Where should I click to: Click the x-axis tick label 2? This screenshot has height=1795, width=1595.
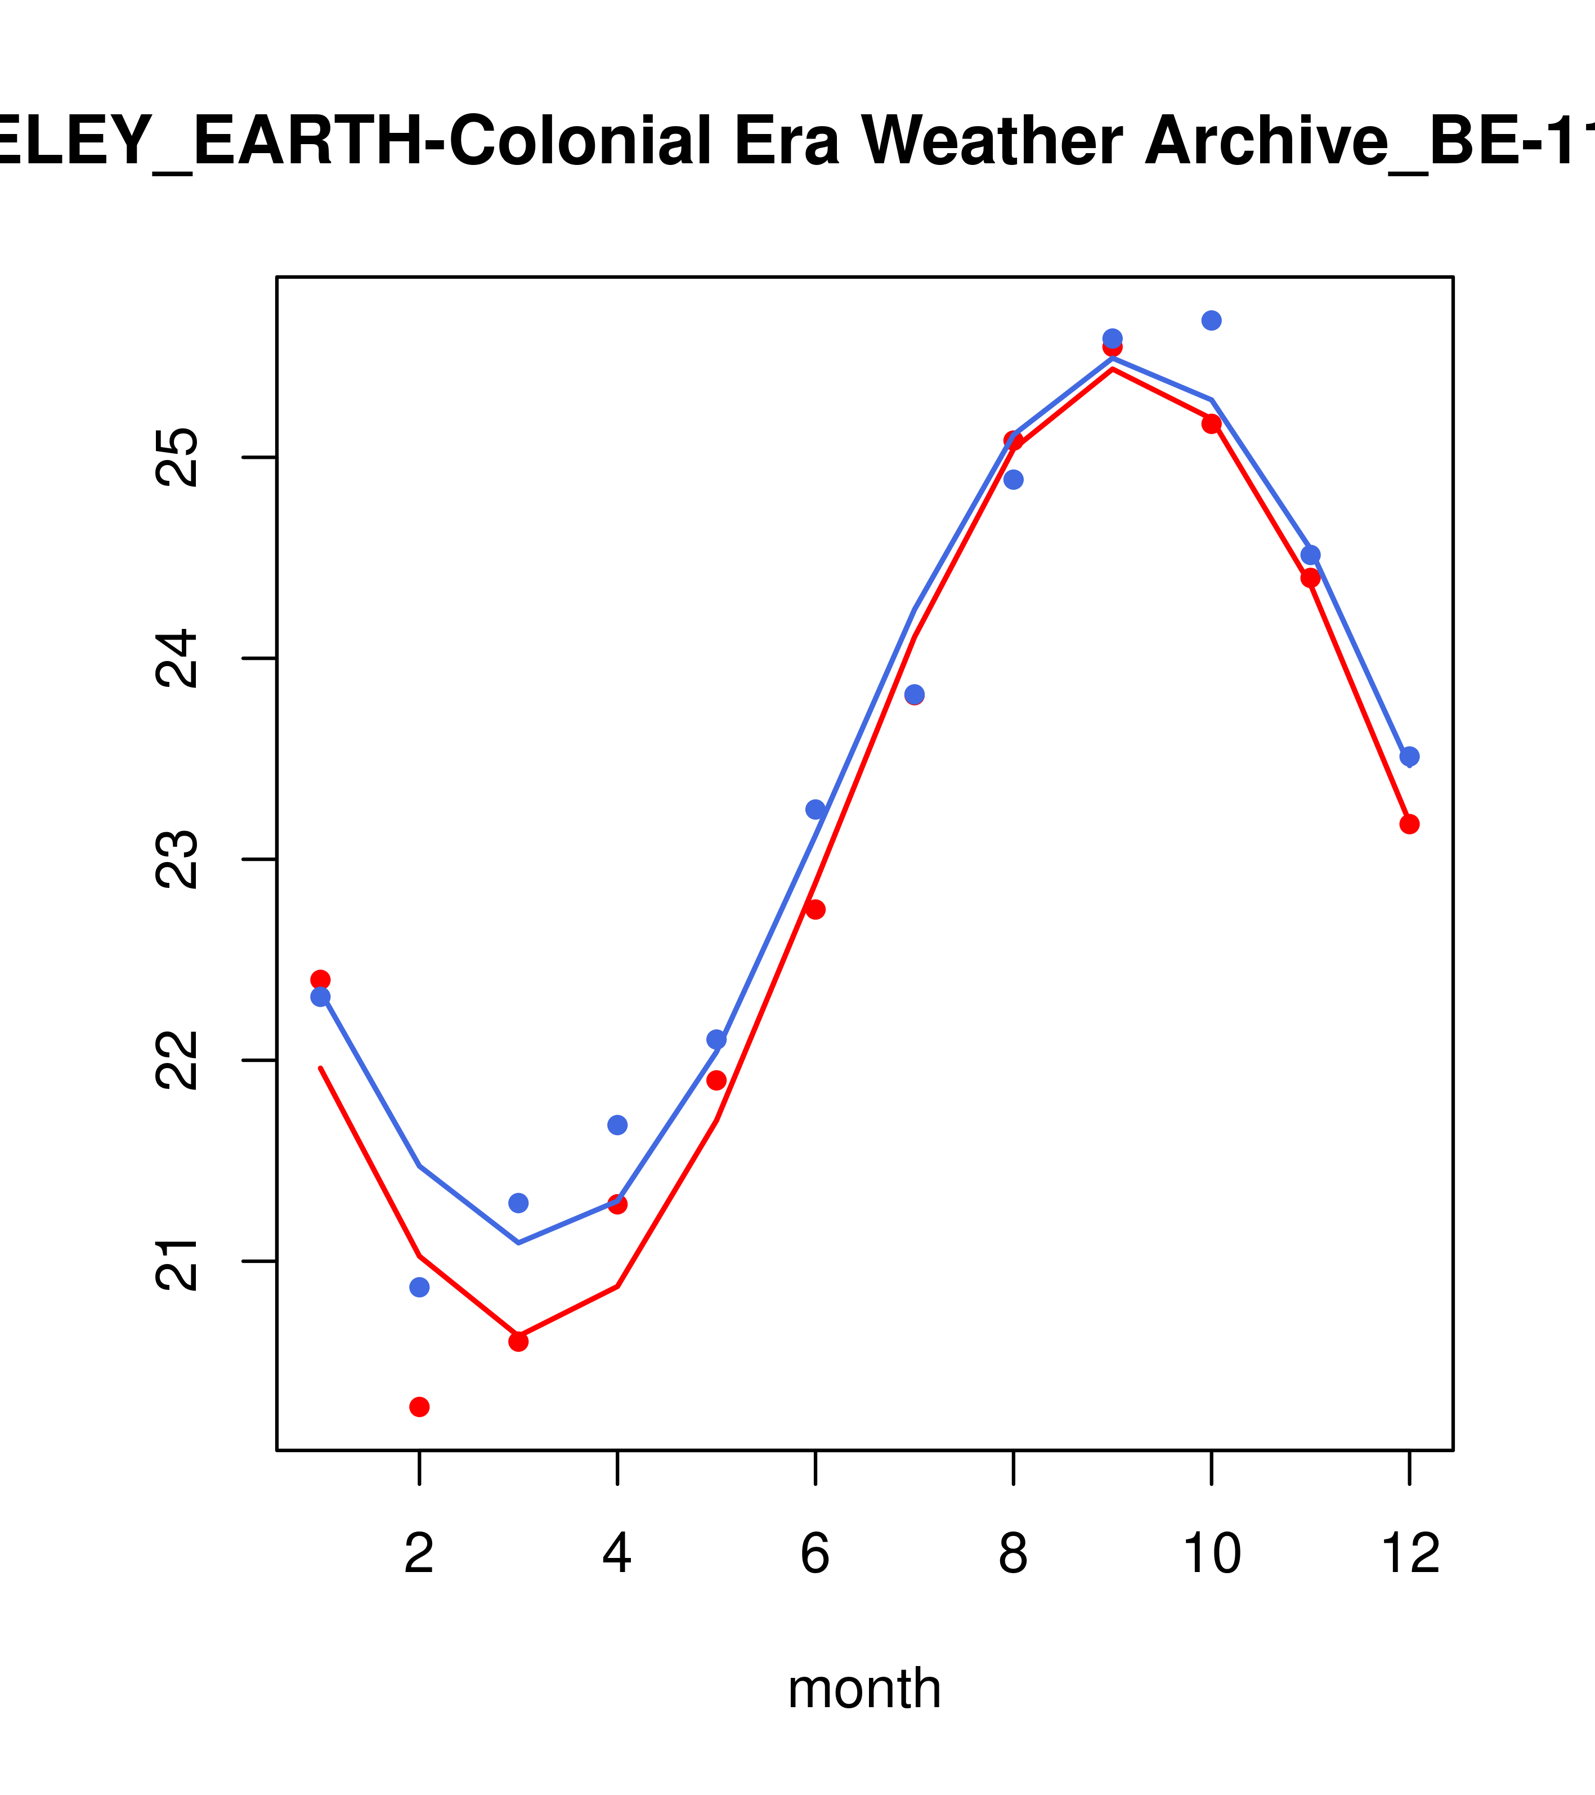(420, 1555)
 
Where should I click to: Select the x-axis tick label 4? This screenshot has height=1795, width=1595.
(617, 1555)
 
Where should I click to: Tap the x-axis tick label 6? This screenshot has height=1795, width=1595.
(816, 1555)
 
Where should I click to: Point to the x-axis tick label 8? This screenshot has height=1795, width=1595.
(1013, 1555)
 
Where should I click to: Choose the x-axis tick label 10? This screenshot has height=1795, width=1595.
(1211, 1555)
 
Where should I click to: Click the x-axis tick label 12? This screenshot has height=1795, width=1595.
(1410, 1555)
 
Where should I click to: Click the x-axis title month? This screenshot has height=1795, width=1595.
(864, 1689)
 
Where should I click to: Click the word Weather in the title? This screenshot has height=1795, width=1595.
(992, 141)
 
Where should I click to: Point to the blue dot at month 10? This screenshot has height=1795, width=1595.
(1211, 320)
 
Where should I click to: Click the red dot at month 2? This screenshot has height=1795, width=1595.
(420, 1407)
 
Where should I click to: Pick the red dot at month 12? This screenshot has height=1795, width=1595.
(1410, 824)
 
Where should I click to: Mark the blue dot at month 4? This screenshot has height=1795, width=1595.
(617, 1125)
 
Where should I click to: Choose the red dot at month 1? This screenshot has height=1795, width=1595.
(320, 979)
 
